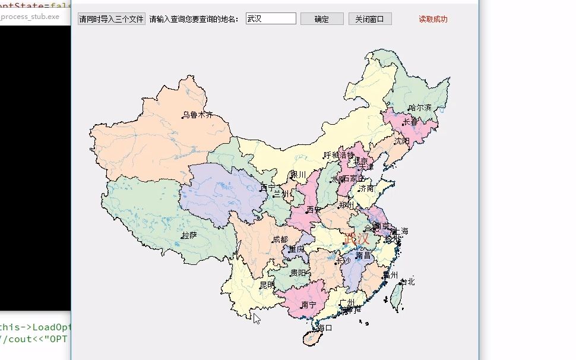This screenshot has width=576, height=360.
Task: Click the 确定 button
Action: (322, 19)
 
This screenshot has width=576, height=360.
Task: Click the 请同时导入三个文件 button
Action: (111, 19)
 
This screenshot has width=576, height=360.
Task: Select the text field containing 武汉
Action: (271, 19)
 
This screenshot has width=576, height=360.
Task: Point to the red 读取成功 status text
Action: (433, 19)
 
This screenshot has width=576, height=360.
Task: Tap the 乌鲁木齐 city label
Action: (197, 115)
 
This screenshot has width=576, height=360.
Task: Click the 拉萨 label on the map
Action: (189, 235)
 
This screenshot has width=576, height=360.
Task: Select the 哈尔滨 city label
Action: (420, 108)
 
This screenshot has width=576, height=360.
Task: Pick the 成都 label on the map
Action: (280, 240)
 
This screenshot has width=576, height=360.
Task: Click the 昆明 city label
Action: (267, 285)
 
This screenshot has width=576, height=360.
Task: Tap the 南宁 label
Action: (309, 305)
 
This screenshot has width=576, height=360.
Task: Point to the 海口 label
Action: (325, 327)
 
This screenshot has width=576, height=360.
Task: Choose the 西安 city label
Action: (314, 210)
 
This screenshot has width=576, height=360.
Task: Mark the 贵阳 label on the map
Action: (298, 273)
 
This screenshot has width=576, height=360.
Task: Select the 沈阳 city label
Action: (402, 141)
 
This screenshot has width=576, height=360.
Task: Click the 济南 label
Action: (366, 188)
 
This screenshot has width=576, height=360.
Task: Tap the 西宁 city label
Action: (268, 188)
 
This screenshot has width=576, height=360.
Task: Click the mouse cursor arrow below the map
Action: (257, 318)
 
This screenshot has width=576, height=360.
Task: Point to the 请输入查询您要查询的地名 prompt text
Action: (194, 19)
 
